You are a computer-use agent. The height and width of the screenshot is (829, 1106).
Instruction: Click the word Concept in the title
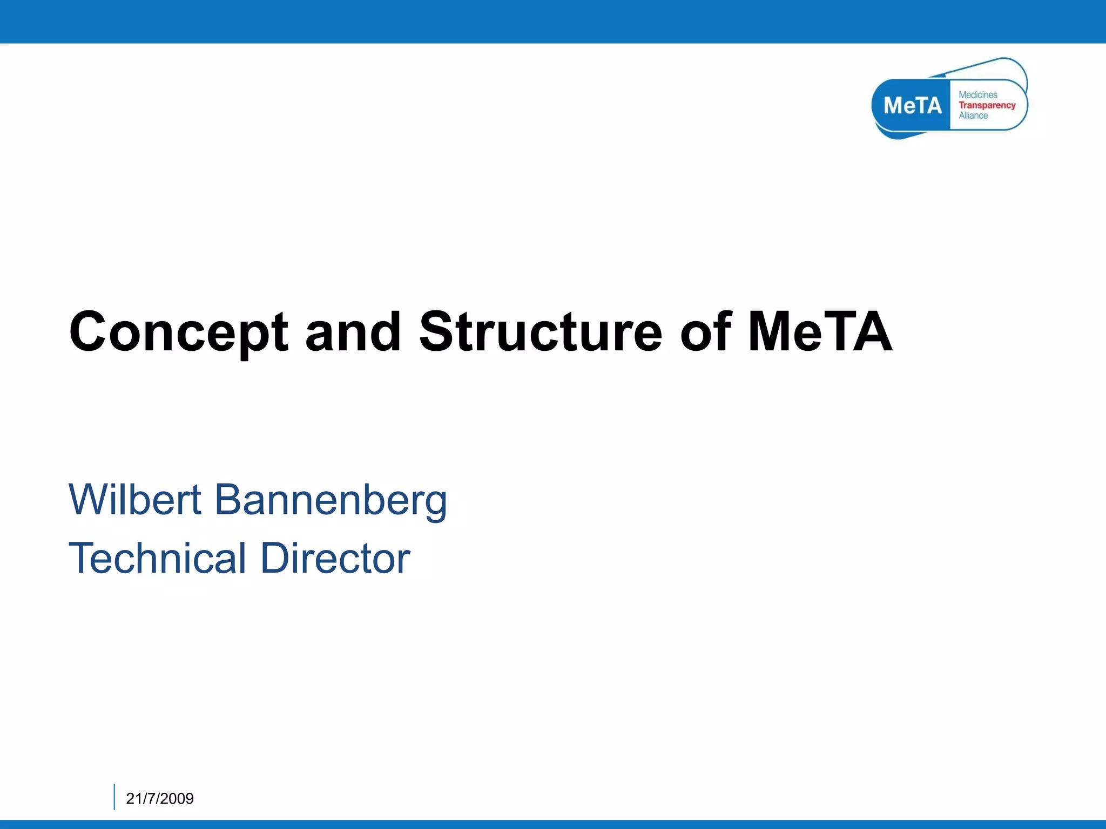click(x=178, y=333)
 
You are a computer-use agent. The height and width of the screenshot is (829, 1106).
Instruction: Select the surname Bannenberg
click(x=331, y=500)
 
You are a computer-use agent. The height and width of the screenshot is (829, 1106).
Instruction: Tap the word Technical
click(x=157, y=558)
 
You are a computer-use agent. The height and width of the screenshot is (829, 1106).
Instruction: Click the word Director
click(x=335, y=558)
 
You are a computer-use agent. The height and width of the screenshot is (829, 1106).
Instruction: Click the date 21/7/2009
click(x=159, y=798)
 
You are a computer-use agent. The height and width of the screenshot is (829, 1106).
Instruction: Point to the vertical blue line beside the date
click(x=114, y=797)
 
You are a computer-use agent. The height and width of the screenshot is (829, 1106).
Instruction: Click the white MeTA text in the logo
click(x=912, y=105)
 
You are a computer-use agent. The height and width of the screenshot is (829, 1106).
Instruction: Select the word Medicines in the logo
click(x=977, y=95)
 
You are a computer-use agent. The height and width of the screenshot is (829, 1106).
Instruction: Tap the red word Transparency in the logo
click(x=987, y=105)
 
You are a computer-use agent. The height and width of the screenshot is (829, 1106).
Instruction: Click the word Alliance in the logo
click(x=973, y=115)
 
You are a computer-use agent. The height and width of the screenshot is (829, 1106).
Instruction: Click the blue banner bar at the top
click(x=553, y=22)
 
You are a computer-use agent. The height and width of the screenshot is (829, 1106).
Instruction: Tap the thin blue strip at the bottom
click(x=553, y=824)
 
